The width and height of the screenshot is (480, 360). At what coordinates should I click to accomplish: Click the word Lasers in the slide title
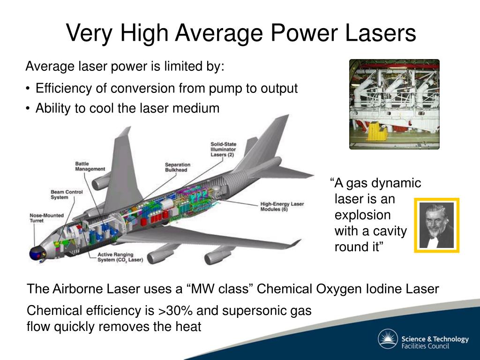pos(381,33)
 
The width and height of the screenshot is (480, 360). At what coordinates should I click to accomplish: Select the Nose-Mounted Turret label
pos(46,218)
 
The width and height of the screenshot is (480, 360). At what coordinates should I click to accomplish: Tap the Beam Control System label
pos(67,195)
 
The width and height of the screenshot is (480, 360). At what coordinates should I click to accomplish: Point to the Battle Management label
pos(90,166)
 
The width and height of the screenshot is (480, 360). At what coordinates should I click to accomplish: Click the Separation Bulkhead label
pos(178,167)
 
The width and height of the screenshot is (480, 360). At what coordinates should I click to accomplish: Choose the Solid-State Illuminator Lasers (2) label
pos(223,150)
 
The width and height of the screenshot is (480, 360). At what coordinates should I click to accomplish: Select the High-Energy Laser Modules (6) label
pos(282,207)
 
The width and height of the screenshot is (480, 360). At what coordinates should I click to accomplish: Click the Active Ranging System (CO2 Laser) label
pos(120,257)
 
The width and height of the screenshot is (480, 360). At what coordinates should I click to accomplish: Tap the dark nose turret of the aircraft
pos(36,254)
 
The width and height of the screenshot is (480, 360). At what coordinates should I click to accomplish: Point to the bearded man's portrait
pos(436,225)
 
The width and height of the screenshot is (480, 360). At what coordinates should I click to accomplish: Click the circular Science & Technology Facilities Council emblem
pos(388,339)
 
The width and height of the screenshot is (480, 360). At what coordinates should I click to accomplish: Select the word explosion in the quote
pos(362,215)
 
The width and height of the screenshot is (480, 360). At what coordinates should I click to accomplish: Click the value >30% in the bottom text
pos(175,310)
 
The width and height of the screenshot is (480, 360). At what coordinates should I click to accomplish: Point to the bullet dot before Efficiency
pos(28,89)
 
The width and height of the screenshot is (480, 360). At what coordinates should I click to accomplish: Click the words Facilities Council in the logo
pos(425,346)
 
